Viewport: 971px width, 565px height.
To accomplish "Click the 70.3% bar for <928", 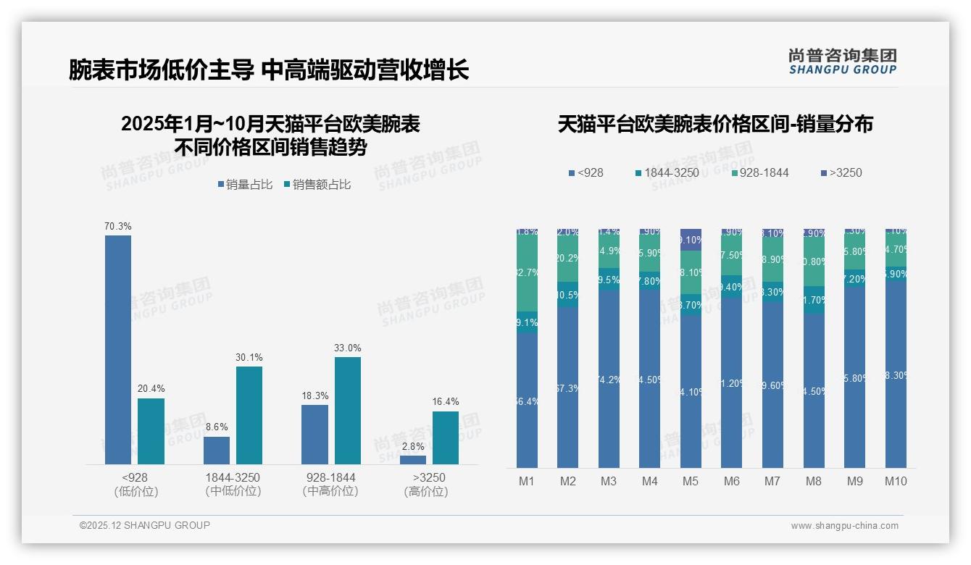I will tap(118, 349).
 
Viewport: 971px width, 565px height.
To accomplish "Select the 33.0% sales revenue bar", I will tap(348, 410).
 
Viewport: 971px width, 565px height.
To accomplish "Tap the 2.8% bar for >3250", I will tap(413, 459).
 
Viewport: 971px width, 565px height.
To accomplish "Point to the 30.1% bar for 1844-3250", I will tap(249, 415).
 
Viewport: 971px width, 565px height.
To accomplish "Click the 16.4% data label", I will tap(446, 402).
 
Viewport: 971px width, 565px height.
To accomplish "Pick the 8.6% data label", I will tap(217, 427).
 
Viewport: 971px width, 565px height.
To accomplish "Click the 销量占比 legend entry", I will tap(245, 185).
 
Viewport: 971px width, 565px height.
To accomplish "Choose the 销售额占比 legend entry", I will tap(317, 185).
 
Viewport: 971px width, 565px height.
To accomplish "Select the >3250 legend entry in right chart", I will tap(841, 173).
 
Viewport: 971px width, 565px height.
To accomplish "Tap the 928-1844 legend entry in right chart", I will tap(760, 173).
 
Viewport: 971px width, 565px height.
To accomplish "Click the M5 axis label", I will tap(691, 481).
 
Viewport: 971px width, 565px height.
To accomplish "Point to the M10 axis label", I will tap(896, 481).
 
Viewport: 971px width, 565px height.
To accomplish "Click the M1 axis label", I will tap(527, 481).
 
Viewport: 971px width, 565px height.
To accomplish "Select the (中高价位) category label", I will tap(330, 491).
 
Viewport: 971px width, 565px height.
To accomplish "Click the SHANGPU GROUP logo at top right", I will tap(842, 62).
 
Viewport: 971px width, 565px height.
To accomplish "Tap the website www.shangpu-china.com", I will tap(844, 526).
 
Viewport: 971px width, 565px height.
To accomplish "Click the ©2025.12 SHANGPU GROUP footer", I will tap(145, 525).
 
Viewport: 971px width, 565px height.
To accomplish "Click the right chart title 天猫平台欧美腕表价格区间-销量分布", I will tap(715, 125).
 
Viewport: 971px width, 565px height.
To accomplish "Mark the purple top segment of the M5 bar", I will tap(691, 239).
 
